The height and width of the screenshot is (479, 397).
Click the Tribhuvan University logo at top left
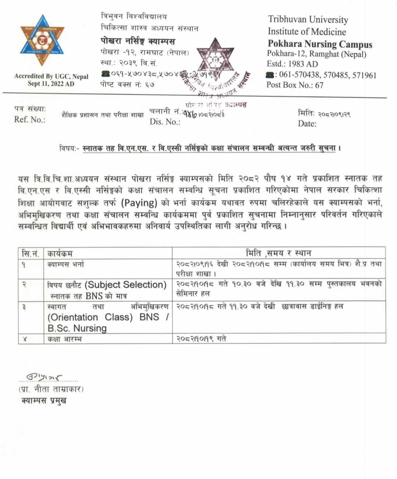(x=42, y=40)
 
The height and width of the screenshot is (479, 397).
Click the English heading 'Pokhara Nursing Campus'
(x=320, y=44)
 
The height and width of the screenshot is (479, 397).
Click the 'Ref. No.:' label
(x=30, y=119)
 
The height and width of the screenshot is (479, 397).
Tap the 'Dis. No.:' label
(x=165, y=122)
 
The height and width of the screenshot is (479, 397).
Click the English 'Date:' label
(x=307, y=124)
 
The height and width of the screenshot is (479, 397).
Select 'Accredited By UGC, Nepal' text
(x=51, y=76)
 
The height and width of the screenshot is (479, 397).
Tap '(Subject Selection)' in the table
(x=125, y=284)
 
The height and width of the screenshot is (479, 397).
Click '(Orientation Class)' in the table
(x=90, y=317)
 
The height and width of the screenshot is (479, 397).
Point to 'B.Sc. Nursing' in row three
(x=77, y=328)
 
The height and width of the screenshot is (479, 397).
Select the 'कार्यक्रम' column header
(x=60, y=253)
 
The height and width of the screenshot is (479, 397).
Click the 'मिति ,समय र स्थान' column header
(x=279, y=253)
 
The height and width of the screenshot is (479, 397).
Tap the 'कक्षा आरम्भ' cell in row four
(x=65, y=339)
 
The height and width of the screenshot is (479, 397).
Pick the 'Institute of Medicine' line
(x=306, y=32)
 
